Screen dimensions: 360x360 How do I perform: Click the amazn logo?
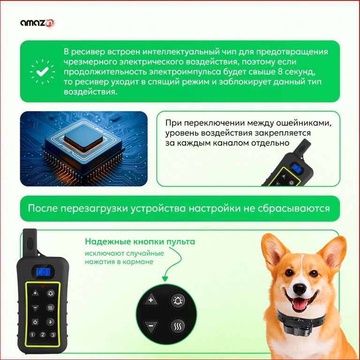pos(37,23)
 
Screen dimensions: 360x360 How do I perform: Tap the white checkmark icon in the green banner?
pos(43,71)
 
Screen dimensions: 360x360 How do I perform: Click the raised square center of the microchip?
pos(83,139)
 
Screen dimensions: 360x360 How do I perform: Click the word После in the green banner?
pos(43,209)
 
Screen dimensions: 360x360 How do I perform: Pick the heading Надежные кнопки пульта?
pos(140,241)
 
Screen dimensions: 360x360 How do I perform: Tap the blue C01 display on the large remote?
pos(43,272)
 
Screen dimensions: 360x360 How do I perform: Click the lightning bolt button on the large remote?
pos(50,322)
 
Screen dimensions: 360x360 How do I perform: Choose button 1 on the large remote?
pos(32,335)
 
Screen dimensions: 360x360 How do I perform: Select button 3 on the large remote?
pos(53,335)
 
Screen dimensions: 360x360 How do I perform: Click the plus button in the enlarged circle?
pos(151,300)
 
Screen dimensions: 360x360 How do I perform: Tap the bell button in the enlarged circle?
pos(178,300)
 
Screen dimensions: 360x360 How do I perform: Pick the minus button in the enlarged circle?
pos(151,326)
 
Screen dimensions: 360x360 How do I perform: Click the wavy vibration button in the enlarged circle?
pos(178,326)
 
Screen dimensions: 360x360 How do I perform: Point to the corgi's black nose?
pos(300,289)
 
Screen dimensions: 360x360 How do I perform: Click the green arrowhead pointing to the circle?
pos(165,279)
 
